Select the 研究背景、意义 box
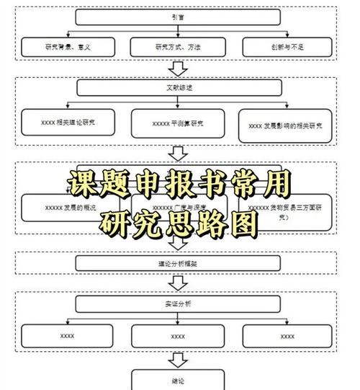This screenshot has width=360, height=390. [68, 47]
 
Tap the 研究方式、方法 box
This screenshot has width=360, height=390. [178, 47]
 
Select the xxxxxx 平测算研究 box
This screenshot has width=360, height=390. [178, 123]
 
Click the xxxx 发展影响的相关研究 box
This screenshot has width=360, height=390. [286, 125]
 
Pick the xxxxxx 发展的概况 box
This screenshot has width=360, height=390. [68, 206]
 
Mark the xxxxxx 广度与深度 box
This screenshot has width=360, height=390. [178, 207]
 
